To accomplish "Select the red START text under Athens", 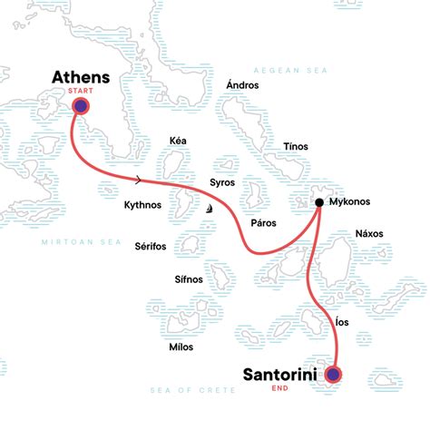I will (81, 91).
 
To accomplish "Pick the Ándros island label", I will (243, 85).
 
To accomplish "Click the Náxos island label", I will (369, 233).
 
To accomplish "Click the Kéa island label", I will (178, 141).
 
